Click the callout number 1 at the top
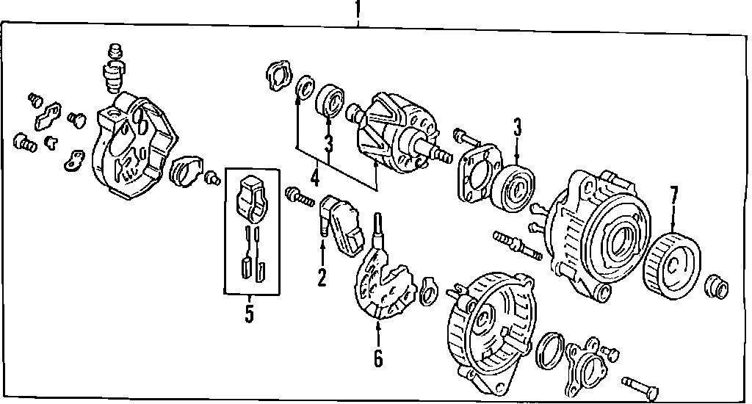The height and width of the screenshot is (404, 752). pos(358,10)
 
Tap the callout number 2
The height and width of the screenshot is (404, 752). pos(322,277)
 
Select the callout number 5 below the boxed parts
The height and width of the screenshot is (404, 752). pos(249,314)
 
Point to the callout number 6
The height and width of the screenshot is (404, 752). pos(377,358)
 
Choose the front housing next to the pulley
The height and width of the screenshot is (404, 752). pos(599,231)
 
